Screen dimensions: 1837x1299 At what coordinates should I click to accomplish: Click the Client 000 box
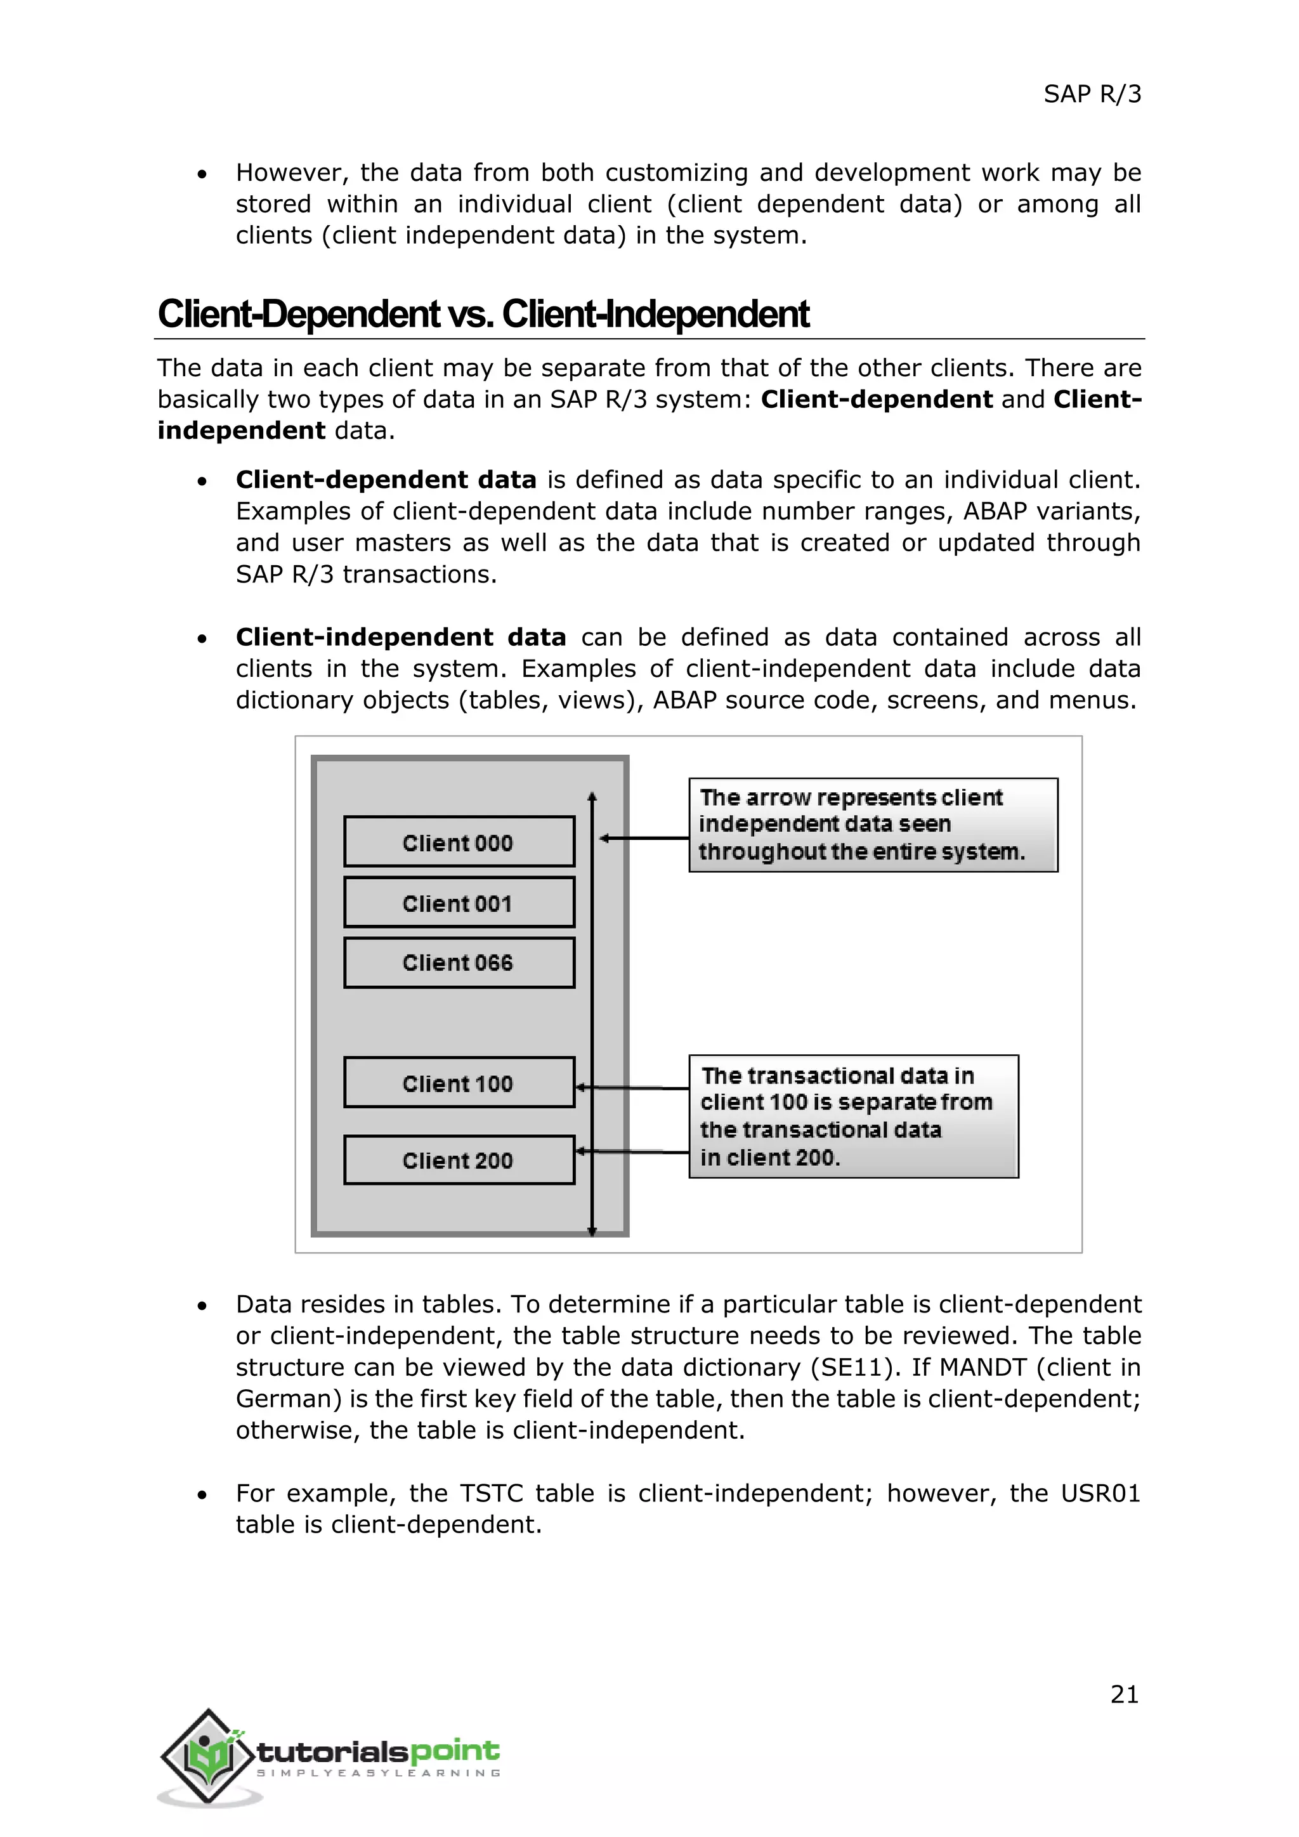point(459,842)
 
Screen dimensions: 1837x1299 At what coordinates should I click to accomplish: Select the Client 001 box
point(459,903)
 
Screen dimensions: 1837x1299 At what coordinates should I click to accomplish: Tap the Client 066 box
point(459,962)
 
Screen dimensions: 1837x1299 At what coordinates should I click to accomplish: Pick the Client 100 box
point(459,1083)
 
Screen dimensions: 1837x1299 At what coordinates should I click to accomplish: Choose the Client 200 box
point(459,1160)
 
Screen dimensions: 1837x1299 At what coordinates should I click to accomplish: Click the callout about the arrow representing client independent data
point(873,825)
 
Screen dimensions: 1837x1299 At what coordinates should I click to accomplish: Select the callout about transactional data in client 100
point(854,1116)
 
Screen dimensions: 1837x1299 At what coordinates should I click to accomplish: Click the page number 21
point(1124,1694)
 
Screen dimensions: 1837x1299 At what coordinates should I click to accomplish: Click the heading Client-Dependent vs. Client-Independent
point(483,313)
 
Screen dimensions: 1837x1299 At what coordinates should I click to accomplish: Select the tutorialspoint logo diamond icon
point(208,1756)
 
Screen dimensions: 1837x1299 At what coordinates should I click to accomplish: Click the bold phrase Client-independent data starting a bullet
point(400,637)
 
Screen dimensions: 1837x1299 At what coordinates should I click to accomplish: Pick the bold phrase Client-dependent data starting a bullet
point(386,480)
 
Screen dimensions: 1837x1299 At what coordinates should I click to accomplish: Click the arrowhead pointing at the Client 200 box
point(582,1151)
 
